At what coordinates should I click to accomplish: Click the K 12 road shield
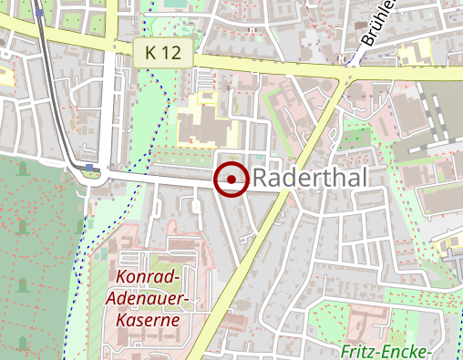(x=162, y=55)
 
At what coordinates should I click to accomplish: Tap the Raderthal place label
(x=310, y=179)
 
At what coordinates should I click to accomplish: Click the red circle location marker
(x=231, y=180)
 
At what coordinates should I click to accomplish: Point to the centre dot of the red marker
(x=231, y=180)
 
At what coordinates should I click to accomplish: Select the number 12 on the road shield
(x=171, y=55)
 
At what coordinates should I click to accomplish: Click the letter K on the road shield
(x=151, y=55)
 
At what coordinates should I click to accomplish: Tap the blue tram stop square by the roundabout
(x=88, y=166)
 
